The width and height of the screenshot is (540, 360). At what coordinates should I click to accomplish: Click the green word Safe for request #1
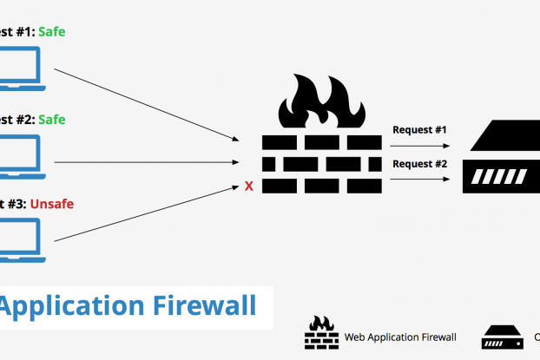51,32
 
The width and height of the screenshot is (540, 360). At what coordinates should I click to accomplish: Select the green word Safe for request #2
51,119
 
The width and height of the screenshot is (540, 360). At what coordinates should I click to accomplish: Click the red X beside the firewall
249,186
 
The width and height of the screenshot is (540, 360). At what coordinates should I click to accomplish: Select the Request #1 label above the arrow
419,130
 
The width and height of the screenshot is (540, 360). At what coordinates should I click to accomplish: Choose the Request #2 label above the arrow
419,164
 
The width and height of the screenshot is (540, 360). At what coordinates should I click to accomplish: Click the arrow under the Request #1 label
420,147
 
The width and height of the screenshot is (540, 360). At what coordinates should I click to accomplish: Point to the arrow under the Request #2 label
420,179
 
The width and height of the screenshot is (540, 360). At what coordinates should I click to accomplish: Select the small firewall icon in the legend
320,331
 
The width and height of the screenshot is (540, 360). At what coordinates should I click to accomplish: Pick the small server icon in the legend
502,336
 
